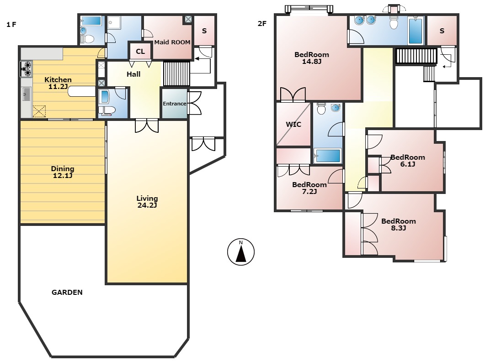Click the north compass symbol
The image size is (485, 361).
coord(241,251)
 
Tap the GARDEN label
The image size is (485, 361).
coord(67,292)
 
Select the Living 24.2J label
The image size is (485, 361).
coord(147,201)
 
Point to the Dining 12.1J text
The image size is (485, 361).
coord(63,172)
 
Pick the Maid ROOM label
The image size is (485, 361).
coord(172,42)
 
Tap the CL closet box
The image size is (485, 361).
coord(140,51)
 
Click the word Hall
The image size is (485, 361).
coord(133,74)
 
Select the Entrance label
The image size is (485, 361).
coord(175,104)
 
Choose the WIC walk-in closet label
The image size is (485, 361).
coord(293,124)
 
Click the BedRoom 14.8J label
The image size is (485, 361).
coord(312,58)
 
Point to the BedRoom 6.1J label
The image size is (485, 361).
coord(407,161)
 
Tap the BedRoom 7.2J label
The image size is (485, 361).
coord(309,188)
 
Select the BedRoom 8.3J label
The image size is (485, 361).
coord(399,225)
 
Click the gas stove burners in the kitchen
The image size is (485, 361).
coord(27,69)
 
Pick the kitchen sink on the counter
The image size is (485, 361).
coord(26,95)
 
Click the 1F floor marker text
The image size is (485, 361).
coord(11,25)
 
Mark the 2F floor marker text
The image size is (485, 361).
coord(261,24)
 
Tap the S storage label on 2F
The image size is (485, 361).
coord(442,31)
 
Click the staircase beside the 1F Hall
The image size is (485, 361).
coord(176,73)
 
